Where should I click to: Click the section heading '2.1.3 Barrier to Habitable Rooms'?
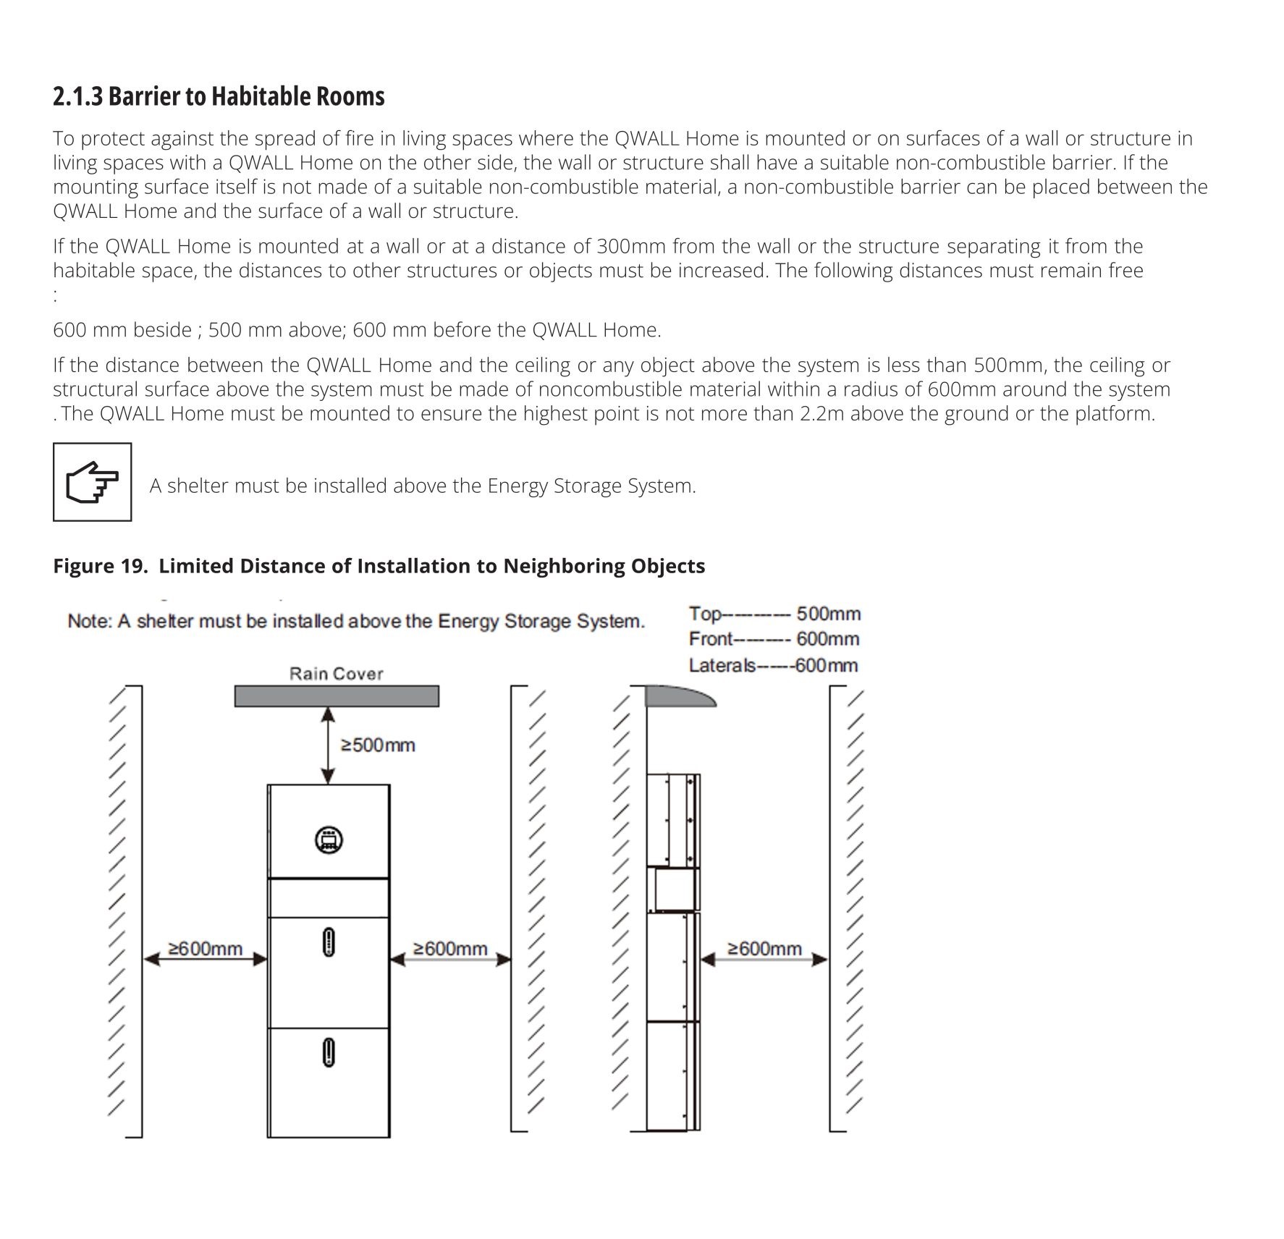point(219,96)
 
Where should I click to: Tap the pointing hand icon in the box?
point(92,482)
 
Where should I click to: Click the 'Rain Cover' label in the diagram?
point(336,674)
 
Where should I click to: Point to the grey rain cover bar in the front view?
point(337,695)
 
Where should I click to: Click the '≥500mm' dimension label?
point(377,745)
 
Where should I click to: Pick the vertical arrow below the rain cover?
point(328,745)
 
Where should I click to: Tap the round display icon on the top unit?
point(328,840)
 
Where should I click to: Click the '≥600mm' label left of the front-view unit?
point(205,948)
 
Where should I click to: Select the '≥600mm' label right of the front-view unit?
point(450,948)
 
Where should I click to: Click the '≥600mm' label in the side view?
point(764,948)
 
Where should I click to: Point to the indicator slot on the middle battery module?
point(328,942)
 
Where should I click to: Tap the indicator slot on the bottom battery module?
point(328,1052)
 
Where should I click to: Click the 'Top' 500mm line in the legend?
point(774,614)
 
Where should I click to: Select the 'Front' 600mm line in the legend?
point(774,639)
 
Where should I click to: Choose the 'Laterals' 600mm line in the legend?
point(773,665)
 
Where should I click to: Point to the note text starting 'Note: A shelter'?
point(355,622)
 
